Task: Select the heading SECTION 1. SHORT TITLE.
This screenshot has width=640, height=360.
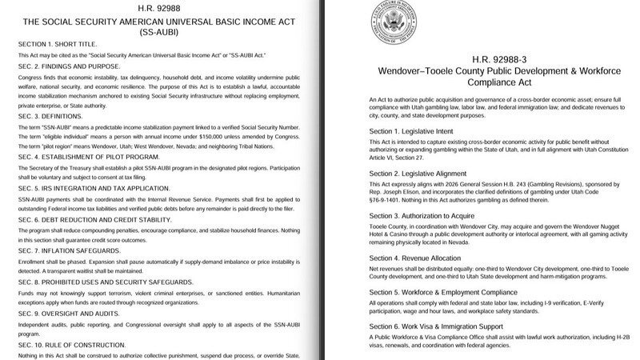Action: [x=62, y=43]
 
